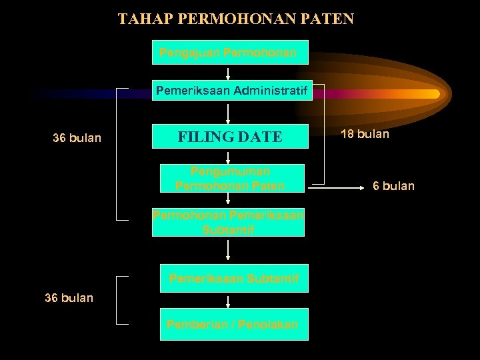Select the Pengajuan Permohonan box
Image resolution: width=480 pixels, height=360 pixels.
pos(230,52)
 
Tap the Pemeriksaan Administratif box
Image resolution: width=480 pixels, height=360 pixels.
pos(232,91)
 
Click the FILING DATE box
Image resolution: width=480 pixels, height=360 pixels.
pos(230,137)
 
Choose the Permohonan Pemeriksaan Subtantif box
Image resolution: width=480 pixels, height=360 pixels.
pos(229,223)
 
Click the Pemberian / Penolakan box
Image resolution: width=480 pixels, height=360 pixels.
pos(234,325)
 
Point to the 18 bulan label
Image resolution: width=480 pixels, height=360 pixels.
pos(365,134)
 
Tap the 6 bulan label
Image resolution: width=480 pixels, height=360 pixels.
pos(393,186)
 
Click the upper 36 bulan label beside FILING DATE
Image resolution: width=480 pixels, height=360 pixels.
pos(77,139)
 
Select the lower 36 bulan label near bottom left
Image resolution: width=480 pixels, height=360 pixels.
pos(69,297)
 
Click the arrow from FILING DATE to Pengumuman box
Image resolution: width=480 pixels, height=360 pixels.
pos(229,156)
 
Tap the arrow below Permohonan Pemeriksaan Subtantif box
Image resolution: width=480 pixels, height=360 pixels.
pos(229,249)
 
